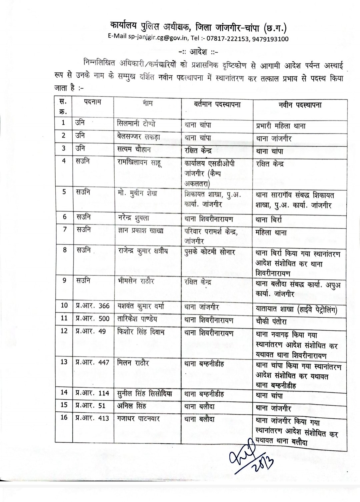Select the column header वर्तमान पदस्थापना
(217, 104)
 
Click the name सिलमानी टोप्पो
(136, 124)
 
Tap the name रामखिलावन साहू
(140, 162)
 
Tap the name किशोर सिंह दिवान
(141, 332)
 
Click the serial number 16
(64, 417)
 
